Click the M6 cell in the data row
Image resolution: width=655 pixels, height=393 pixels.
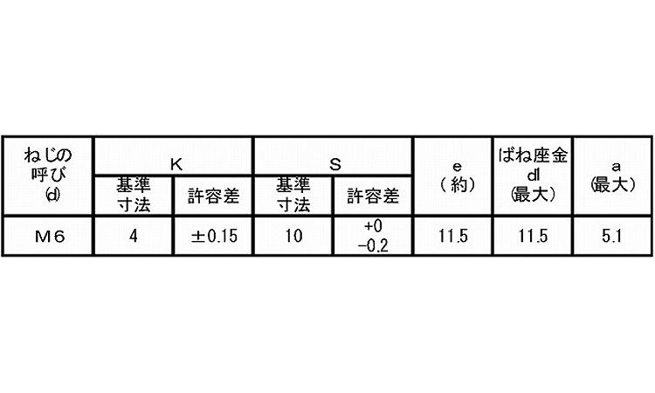(50, 237)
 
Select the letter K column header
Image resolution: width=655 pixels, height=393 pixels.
(176, 164)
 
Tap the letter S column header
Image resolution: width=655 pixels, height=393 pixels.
(335, 164)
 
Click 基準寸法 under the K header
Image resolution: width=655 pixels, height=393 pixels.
(134, 195)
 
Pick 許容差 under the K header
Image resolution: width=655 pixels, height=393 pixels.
(213, 196)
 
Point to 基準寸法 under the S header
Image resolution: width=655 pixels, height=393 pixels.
(293, 195)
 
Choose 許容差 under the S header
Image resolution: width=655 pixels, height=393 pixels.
(373, 196)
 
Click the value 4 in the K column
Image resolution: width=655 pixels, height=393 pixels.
(134, 237)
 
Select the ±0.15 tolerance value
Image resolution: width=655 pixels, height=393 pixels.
(214, 237)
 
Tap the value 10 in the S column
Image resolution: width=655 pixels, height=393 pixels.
(293, 237)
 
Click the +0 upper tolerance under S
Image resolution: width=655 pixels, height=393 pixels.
(373, 226)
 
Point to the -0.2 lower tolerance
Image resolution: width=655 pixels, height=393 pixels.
(373, 246)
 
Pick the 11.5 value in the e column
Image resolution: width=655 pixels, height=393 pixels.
(452, 237)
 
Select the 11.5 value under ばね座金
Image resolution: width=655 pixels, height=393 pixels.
(533, 237)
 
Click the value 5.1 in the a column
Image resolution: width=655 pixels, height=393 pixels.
(612, 237)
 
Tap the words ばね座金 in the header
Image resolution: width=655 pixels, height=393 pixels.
(534, 155)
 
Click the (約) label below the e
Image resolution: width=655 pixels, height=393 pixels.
(458, 184)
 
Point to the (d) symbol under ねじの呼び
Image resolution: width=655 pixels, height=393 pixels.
(52, 195)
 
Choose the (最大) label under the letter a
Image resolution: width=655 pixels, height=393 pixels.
(613, 184)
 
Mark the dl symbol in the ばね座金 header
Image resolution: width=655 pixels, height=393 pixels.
(534, 176)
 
